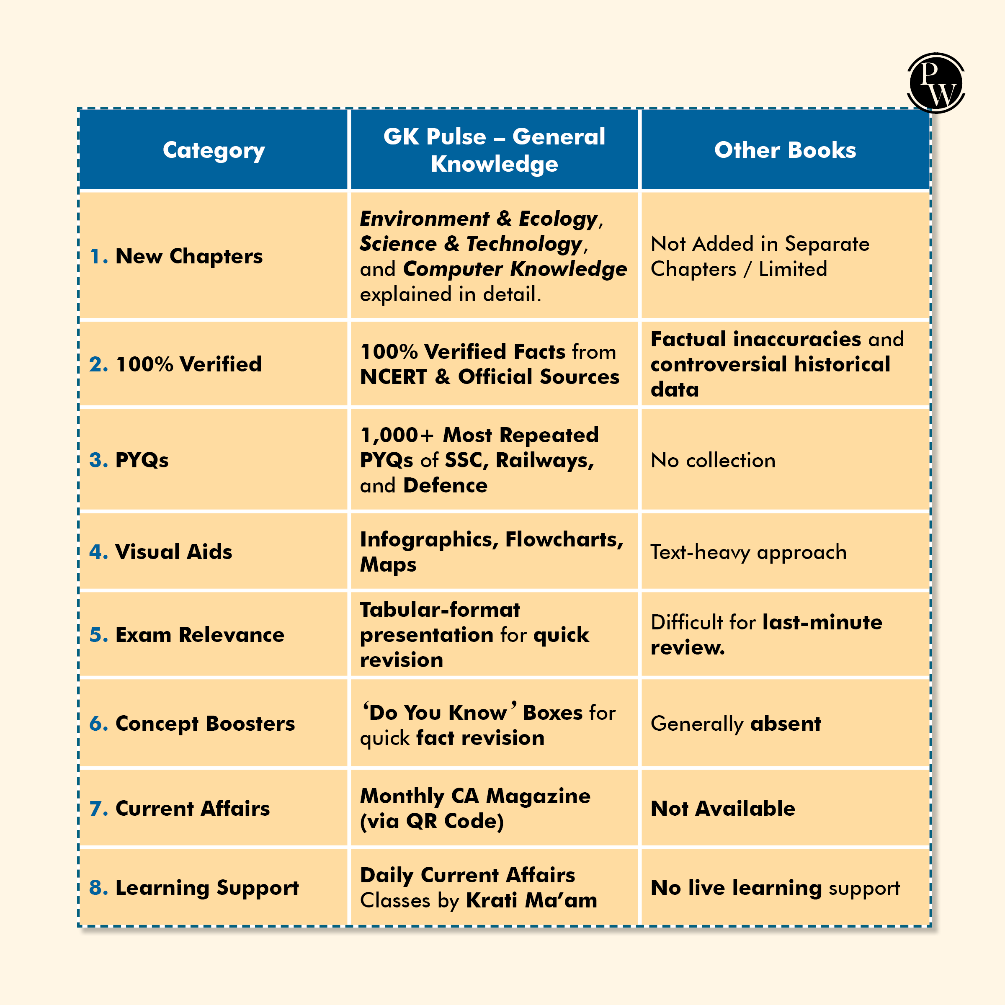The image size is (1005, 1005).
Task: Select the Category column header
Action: coord(214,150)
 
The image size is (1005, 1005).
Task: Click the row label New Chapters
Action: coord(189,256)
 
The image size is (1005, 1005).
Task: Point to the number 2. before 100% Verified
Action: coord(98,365)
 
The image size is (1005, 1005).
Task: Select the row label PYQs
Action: coord(142,460)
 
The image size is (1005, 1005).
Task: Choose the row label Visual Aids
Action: coord(173,552)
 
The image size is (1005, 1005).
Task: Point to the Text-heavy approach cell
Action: coord(748,552)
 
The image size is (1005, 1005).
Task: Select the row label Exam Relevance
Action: coord(200,635)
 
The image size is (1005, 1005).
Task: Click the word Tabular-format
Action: coord(440,610)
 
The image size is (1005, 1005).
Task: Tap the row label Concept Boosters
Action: coord(205,724)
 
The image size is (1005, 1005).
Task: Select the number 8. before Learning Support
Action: coord(98,888)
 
